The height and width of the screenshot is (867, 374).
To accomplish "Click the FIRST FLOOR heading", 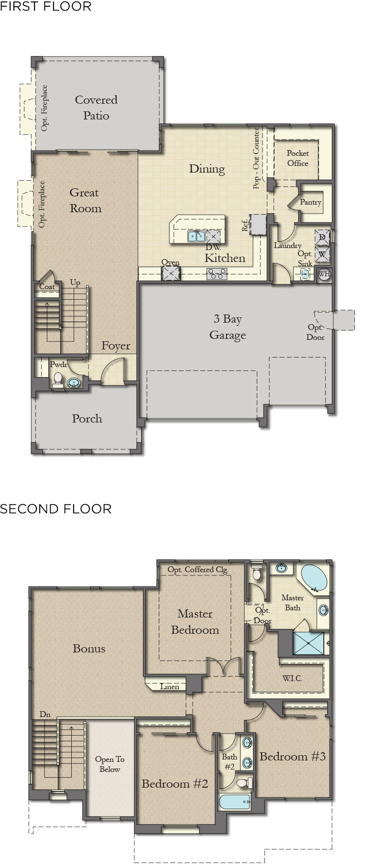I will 46,7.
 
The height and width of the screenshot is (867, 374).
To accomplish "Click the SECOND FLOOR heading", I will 55,509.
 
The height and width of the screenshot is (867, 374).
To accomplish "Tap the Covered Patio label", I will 96,108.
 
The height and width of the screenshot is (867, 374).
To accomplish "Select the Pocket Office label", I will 297,158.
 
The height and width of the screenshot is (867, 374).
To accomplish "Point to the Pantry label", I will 310,202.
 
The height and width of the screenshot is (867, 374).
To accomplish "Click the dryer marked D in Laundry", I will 322,238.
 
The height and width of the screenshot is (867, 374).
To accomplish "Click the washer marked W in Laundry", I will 322,254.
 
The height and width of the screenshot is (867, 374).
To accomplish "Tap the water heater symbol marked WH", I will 324,274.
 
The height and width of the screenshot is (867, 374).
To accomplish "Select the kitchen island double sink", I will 196,236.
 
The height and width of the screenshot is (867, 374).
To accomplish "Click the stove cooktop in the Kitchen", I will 217,274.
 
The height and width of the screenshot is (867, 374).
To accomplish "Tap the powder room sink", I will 74,383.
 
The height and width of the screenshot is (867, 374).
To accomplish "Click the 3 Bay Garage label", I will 228,327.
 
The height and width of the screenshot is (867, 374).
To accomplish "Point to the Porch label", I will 87,419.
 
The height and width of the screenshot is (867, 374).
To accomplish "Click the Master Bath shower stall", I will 308,643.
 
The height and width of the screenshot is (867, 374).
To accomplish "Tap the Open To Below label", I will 110,764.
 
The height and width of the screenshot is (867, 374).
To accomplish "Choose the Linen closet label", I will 169,686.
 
